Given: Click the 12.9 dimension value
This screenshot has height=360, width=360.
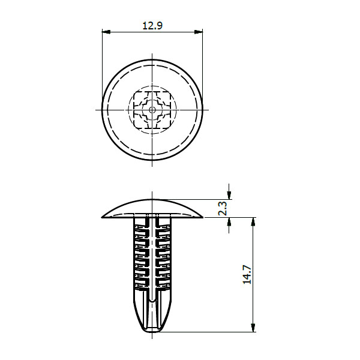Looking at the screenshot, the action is click(x=152, y=25).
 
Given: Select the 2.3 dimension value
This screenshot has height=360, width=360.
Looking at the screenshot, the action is click(x=223, y=208).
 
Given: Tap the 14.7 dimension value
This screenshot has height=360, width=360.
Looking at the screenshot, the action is click(x=247, y=275).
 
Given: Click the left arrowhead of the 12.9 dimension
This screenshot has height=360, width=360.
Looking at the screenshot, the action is click(x=106, y=32).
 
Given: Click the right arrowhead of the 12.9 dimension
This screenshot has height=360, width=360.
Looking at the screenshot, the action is click(x=199, y=32).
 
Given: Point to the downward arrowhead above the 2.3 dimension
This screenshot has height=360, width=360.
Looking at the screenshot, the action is click(x=229, y=194).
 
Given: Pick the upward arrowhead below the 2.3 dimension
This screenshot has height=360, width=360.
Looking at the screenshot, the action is click(x=229, y=222).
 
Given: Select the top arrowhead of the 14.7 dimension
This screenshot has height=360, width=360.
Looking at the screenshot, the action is click(x=253, y=222).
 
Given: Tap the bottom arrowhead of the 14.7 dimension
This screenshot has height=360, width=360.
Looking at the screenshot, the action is click(x=253, y=327).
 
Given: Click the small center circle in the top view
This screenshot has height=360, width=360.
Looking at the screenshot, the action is click(x=152, y=110).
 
